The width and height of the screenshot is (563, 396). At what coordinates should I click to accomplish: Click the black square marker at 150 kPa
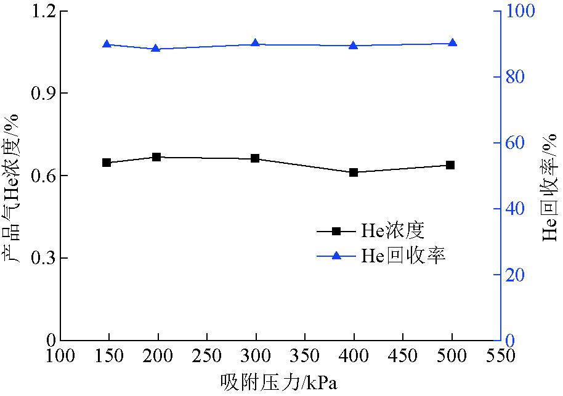pos(107,163)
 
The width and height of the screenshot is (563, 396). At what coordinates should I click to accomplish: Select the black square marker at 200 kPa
pos(156,157)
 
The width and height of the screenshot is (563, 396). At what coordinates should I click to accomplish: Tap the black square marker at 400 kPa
pos(354,172)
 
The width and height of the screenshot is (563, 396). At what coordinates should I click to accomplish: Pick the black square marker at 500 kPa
pos(450,165)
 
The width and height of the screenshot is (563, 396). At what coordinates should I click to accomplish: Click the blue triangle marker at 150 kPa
pos(107,44)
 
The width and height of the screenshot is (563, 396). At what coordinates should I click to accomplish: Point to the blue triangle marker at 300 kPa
pos(255,44)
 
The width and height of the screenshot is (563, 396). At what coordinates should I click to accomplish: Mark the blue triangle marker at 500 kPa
pos(452,43)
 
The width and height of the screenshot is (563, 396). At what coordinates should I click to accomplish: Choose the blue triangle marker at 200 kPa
pos(156,48)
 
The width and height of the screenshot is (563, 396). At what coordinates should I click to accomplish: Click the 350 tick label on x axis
pos(304,356)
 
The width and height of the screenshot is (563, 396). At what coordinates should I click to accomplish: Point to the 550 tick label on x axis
pos(500,356)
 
